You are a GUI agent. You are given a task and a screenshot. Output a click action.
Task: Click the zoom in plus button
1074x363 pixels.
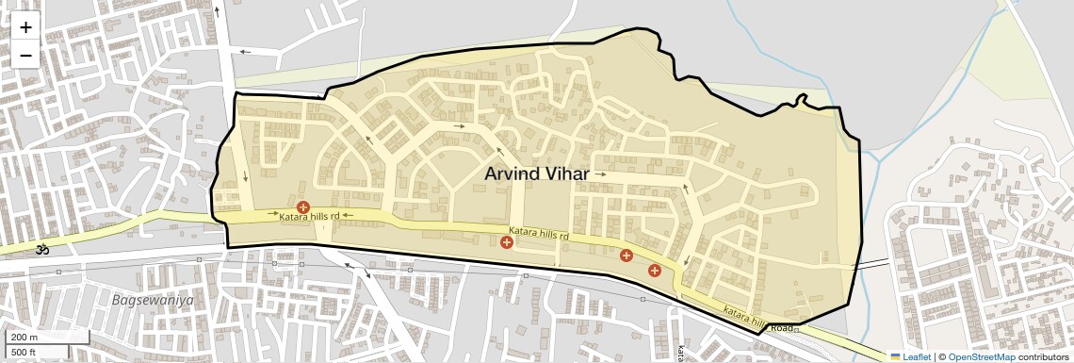click(x=25, y=27)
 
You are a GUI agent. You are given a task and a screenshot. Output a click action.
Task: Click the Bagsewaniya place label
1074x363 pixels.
click(x=152, y=300)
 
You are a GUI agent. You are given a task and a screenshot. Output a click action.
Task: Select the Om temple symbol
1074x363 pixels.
click(x=41, y=250)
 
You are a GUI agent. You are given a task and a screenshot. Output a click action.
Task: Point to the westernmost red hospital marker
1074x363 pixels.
click(x=302, y=207)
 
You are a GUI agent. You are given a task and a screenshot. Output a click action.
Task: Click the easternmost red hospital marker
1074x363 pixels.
click(x=655, y=271)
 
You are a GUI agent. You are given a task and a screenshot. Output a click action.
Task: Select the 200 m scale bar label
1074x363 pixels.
click(x=24, y=337)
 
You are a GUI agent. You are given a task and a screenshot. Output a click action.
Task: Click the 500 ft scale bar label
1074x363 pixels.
click(x=24, y=352)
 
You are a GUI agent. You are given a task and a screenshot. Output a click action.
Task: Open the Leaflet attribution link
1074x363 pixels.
click(x=917, y=356)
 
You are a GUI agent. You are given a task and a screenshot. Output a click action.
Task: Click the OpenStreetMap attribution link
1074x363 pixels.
click(x=982, y=356)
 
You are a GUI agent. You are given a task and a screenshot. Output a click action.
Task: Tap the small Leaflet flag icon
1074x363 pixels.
click(x=895, y=356)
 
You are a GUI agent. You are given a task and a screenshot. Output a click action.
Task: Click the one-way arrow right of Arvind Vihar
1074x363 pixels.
click(x=600, y=174)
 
